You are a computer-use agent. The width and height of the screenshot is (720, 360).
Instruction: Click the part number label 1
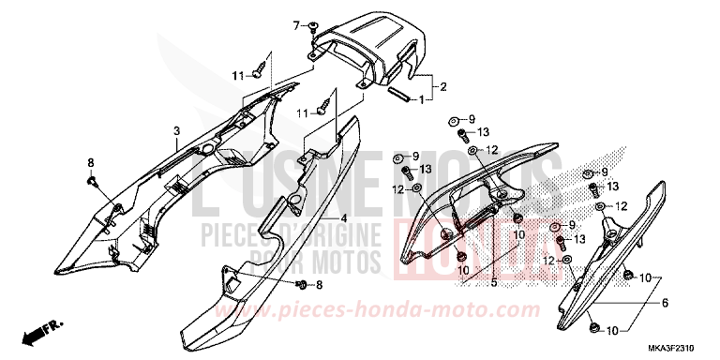(x=422, y=98)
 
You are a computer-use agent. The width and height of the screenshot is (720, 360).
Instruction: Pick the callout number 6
(x=665, y=303)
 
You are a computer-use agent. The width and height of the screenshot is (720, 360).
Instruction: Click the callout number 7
(x=294, y=22)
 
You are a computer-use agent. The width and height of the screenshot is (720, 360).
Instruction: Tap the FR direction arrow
(x=41, y=331)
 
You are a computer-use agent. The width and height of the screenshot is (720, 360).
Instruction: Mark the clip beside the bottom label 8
(x=300, y=284)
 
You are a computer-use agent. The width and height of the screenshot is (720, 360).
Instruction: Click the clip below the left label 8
(x=92, y=179)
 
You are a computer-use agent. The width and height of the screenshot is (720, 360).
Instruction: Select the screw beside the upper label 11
(x=262, y=67)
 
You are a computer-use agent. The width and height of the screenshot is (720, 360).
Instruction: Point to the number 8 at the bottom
(x=318, y=285)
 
